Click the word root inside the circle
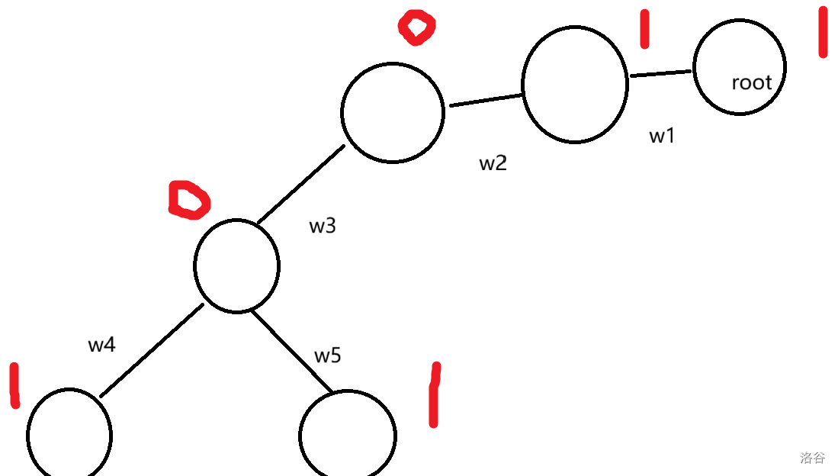[751, 82]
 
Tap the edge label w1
[662, 137]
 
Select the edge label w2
[493, 163]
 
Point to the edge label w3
[322, 227]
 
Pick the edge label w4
[101, 345]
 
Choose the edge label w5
[327, 356]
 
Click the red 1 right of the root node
[823, 32]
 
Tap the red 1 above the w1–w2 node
[644, 29]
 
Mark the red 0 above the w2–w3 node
[416, 27]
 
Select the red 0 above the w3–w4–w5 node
[188, 200]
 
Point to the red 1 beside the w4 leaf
[14, 385]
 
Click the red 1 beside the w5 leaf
[434, 395]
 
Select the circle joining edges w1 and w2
[575, 84]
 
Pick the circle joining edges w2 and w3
[392, 111]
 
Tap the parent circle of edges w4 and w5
[236, 265]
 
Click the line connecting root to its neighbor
[660, 73]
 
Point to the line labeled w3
[300, 184]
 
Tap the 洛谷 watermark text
[812, 458]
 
